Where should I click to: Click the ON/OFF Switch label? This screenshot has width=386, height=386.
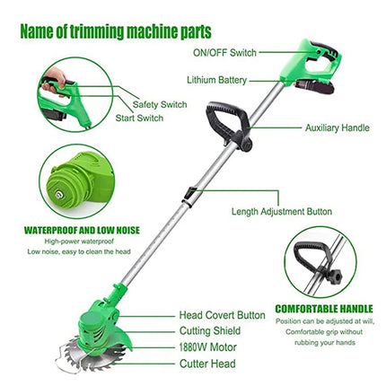click(x=224, y=53)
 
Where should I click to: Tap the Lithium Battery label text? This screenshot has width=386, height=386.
click(x=217, y=80)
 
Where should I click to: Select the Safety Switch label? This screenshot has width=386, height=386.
click(x=160, y=104)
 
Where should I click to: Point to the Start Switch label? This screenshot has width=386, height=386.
click(x=139, y=118)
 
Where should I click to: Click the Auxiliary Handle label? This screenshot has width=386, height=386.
click(x=338, y=128)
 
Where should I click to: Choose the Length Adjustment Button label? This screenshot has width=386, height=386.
click(x=282, y=212)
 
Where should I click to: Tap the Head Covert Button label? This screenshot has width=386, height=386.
click(x=223, y=315)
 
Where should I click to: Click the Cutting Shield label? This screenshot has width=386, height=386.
click(x=210, y=331)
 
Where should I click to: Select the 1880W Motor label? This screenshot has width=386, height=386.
click(x=208, y=347)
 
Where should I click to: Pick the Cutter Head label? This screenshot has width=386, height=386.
click(x=207, y=364)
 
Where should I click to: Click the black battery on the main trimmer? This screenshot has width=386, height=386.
click(x=314, y=87)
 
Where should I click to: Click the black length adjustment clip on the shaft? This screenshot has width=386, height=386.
click(x=189, y=196)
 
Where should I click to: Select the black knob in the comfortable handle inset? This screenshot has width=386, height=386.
click(x=334, y=276)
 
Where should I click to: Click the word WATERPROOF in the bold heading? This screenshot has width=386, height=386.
click(x=51, y=230)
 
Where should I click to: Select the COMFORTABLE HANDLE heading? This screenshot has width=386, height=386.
click(x=324, y=309)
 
